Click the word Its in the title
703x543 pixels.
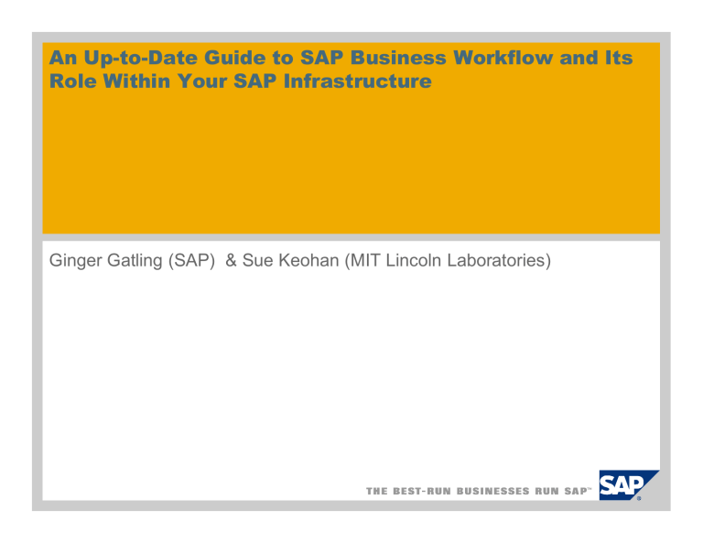tap(618, 58)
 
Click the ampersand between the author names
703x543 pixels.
tap(232, 263)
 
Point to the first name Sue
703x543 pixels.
tap(261, 263)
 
